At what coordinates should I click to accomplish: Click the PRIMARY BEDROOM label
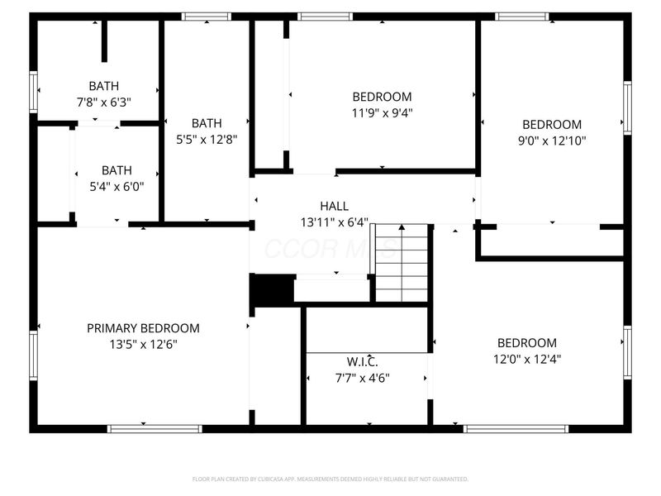coord(143,328)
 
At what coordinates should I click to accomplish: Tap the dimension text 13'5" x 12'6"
coord(143,344)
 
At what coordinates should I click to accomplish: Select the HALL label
coord(334,206)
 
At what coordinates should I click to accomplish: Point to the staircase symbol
coord(402,263)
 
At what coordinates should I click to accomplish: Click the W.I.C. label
coord(362,362)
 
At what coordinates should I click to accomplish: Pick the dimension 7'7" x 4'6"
coord(362,378)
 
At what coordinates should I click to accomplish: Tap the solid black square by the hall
coord(272,290)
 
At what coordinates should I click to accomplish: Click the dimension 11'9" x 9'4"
coord(382,112)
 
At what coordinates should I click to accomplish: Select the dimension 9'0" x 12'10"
coord(551,141)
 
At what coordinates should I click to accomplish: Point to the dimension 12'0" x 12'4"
coord(526,359)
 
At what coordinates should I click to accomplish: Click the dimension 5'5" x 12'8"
coord(207,140)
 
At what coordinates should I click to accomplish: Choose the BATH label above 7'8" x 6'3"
coord(103,86)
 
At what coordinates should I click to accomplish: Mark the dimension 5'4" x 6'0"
coord(117,186)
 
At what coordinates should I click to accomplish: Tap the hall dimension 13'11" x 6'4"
coord(334,222)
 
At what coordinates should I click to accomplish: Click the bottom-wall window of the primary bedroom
coord(155,428)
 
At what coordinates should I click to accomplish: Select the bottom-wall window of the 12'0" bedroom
coord(516,428)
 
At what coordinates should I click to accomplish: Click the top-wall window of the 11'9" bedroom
coord(325,16)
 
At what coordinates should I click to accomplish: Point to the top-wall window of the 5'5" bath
coord(207,16)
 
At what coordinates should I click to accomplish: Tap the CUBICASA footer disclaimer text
coord(330,479)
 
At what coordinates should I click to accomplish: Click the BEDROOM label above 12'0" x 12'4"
coord(526,343)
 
